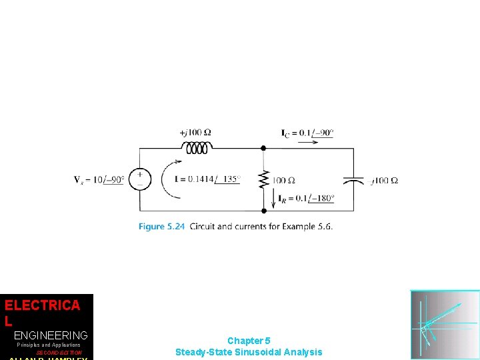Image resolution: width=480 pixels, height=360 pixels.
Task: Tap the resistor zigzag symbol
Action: click(263, 179)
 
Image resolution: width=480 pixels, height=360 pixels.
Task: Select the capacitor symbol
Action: click(353, 180)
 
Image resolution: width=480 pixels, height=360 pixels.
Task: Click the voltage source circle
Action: click(140, 179)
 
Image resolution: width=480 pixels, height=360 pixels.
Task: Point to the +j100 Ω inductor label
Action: click(195, 132)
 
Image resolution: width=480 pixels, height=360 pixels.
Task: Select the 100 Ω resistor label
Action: click(283, 180)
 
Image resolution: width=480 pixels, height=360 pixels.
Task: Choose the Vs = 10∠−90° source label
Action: click(99, 179)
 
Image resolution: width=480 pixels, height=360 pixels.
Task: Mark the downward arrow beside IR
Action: click(273, 197)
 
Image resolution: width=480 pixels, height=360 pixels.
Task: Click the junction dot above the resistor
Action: click(263, 149)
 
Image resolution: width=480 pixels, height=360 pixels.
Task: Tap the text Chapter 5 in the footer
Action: click(249, 341)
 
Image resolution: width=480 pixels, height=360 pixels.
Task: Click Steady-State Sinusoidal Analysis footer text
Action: click(249, 352)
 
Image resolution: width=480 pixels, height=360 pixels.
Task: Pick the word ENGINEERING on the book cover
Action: click(51, 335)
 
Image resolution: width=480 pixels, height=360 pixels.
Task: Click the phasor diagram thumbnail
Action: click(445, 325)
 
